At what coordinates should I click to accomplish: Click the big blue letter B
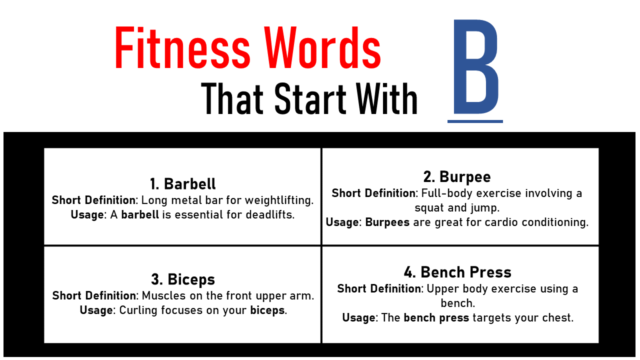click(475, 66)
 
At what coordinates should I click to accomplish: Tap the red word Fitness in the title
click(183, 47)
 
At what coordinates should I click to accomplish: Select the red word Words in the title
click(322, 47)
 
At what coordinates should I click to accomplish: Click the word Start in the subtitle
click(310, 98)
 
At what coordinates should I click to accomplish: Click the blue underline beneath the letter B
click(475, 121)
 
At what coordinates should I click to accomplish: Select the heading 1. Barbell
click(183, 183)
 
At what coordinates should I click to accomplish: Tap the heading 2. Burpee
click(457, 177)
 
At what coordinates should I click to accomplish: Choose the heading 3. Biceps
click(183, 279)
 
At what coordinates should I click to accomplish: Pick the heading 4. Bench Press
click(457, 272)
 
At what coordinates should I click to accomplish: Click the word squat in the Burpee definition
click(429, 208)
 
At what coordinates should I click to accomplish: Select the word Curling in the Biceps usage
click(138, 310)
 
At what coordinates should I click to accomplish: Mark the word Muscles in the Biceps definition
click(163, 295)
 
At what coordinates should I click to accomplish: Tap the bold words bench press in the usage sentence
click(436, 317)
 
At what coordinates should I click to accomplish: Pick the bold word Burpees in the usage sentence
click(387, 222)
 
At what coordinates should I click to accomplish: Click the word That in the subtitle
click(232, 98)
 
